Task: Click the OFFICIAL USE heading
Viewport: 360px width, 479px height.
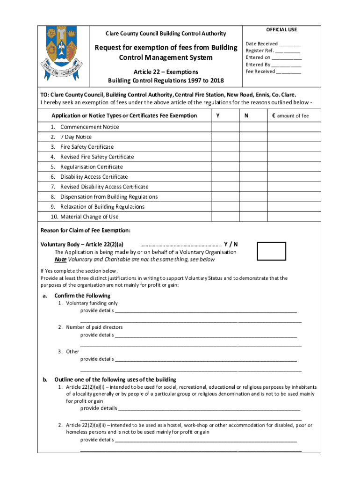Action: pyautogui.click(x=281, y=29)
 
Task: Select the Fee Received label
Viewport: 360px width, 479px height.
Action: pyautogui.click(x=260, y=72)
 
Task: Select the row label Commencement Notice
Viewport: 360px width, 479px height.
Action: pyautogui.click(x=89, y=127)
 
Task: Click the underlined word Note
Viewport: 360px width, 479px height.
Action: pyautogui.click(x=60, y=260)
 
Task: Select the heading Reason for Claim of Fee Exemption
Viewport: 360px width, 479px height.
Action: pyautogui.click(x=86, y=230)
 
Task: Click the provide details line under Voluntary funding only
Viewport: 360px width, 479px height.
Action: pyautogui.click(x=206, y=310)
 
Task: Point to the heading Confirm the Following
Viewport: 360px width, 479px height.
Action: pyautogui.click(x=82, y=296)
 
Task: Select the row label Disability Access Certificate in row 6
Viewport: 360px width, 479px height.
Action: pyautogui.click(x=94, y=177)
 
